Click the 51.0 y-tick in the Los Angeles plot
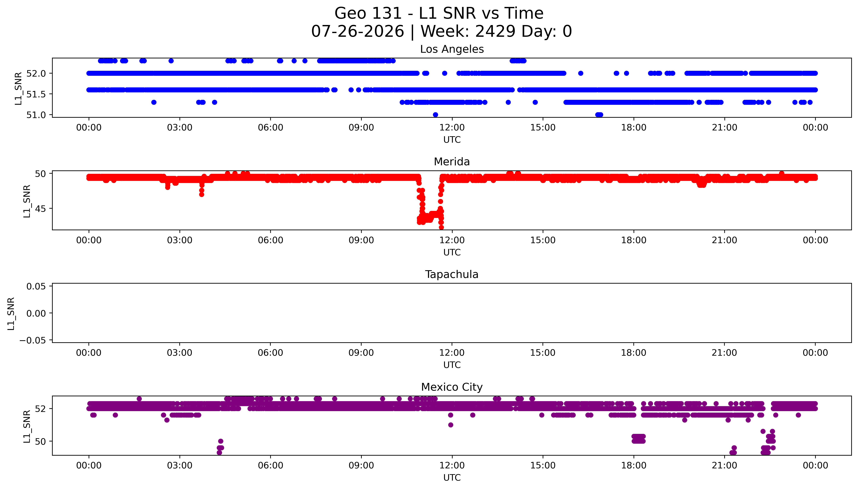tap(36, 115)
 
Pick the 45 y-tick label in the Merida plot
tap(41, 209)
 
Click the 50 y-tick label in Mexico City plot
tap(41, 441)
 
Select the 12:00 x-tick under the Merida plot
tap(452, 240)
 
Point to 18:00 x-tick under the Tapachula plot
tap(634, 353)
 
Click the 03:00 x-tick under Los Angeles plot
tap(179, 128)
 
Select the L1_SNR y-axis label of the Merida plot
tap(27, 201)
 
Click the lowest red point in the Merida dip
tap(441, 227)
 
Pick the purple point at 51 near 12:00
tap(451, 425)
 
